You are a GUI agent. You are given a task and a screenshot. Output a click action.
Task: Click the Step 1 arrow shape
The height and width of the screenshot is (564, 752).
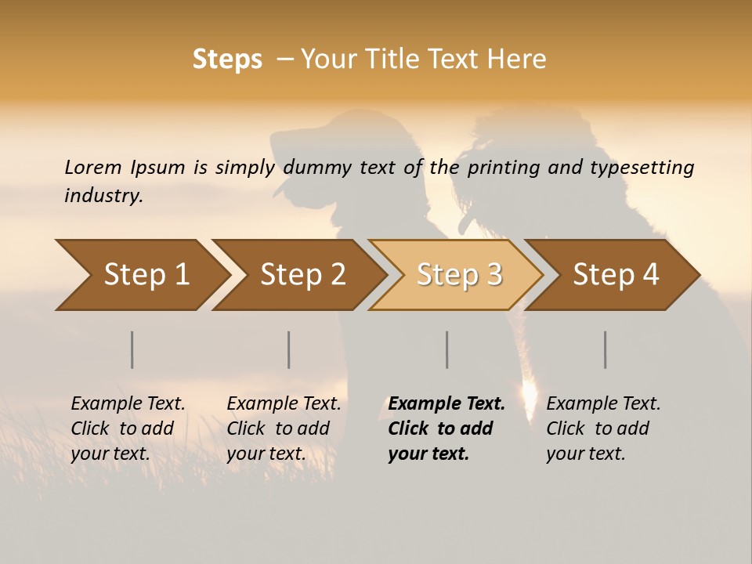coord(141,275)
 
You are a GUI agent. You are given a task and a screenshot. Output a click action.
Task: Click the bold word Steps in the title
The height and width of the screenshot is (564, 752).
coord(227,60)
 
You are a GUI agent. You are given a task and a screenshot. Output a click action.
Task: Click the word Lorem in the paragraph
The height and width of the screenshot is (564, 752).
coord(92,167)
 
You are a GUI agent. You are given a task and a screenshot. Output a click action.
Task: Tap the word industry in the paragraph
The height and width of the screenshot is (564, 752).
coord(103,195)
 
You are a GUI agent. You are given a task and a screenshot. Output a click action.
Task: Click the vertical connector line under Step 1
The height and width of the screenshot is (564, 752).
coord(132,349)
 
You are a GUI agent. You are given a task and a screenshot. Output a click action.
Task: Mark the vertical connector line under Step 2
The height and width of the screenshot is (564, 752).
coord(289,349)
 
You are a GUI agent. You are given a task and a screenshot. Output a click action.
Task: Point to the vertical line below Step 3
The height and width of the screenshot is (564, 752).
coord(447,349)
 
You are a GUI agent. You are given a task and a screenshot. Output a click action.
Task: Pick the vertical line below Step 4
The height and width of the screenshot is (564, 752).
coord(606,349)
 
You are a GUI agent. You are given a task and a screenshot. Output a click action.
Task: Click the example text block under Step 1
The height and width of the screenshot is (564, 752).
coord(128,428)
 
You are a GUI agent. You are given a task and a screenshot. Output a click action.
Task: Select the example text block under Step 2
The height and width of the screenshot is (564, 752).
coord(284,428)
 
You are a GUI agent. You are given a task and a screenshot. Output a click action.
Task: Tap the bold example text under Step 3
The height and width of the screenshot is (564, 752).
coord(446,428)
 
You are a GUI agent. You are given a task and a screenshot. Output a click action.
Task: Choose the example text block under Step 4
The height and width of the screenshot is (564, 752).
coord(603,428)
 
